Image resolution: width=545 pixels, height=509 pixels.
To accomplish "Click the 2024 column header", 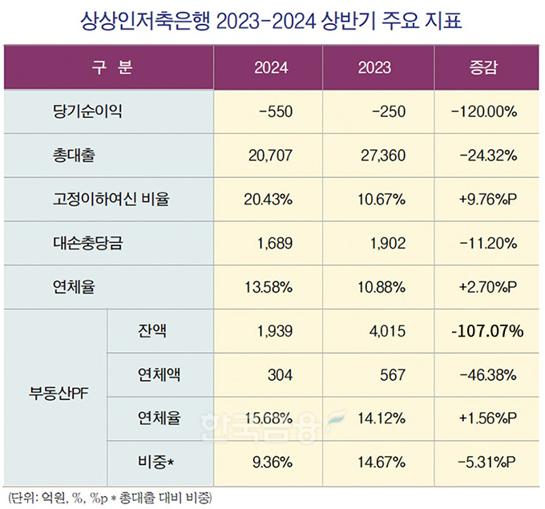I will click(271, 68).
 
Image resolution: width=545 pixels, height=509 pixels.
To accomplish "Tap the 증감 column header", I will click(484, 68).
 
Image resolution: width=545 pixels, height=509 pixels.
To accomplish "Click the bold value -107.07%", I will click(484, 330).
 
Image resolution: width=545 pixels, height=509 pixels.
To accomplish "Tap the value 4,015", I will click(391, 330).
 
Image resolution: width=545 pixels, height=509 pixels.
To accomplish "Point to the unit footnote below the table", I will click(108, 497).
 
